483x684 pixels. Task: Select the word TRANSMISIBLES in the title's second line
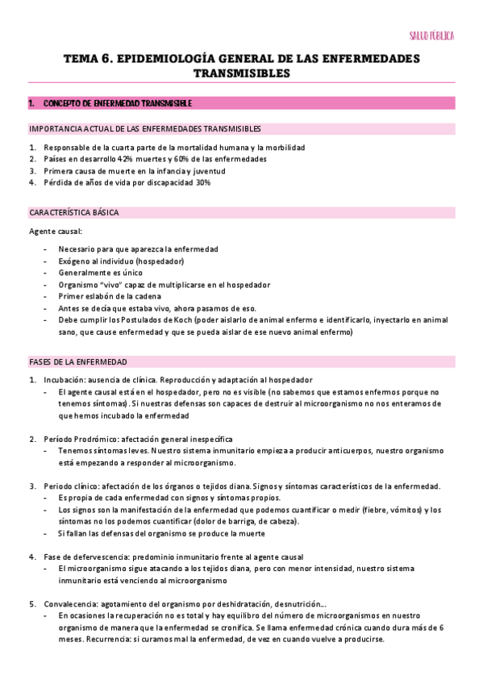pyautogui.click(x=241, y=73)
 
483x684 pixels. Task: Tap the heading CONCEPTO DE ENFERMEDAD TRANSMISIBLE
pyautogui.click(x=116, y=103)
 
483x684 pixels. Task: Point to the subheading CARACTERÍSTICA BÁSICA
pyautogui.click(x=73, y=213)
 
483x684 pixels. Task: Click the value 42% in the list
pyautogui.click(x=127, y=160)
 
